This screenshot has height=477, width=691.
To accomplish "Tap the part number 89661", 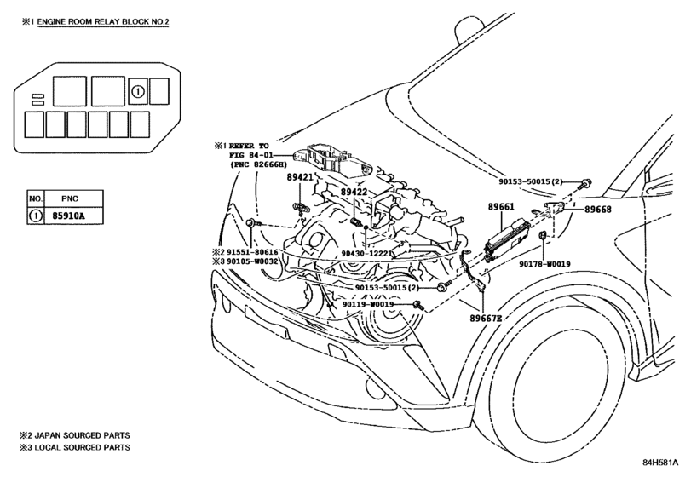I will (x=503, y=207).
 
